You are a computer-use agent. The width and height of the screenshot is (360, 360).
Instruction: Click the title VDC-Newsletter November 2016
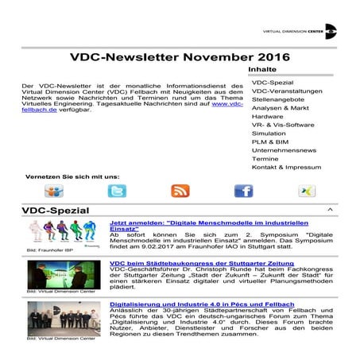(180, 57)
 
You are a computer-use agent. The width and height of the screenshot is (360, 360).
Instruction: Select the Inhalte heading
(264, 70)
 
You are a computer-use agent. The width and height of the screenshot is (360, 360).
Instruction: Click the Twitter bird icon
(117, 192)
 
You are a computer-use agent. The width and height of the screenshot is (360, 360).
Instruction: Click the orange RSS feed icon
(180, 192)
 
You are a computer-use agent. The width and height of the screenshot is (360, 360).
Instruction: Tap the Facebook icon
(243, 192)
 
